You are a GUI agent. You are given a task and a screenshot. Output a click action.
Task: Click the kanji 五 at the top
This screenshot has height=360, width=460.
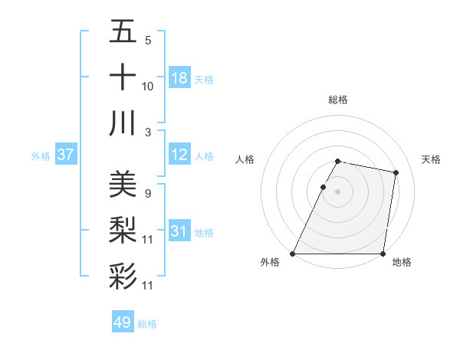[x=123, y=33]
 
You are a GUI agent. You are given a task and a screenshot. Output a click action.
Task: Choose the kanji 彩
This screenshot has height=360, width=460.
[x=123, y=275]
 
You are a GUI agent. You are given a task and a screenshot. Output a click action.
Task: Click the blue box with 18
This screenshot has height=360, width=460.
[x=179, y=78]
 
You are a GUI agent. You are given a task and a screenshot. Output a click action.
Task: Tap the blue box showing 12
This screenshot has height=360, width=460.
[x=179, y=155]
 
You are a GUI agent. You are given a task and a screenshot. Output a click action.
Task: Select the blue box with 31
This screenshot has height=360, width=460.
[x=179, y=231]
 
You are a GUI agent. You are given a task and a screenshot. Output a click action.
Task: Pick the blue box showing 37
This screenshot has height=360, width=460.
[x=66, y=155]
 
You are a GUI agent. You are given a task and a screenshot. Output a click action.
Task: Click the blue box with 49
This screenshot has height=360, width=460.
[x=123, y=322]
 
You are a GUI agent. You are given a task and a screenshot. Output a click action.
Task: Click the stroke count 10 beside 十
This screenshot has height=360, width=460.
[x=148, y=86]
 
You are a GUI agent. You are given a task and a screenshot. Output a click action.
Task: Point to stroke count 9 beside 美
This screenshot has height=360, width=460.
[x=147, y=193]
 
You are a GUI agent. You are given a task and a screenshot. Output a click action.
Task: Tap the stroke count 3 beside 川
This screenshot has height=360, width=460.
[x=147, y=132]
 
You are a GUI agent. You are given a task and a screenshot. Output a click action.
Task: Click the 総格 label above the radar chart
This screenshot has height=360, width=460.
[x=338, y=100]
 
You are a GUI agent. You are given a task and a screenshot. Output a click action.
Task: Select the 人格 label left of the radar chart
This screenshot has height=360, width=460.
[x=245, y=159]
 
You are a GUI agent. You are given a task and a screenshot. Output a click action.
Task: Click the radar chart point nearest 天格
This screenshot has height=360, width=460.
[x=396, y=173]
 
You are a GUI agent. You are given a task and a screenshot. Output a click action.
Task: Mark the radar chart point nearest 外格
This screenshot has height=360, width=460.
[x=293, y=254]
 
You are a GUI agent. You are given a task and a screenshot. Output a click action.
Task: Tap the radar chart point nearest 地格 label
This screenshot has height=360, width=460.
[x=383, y=254]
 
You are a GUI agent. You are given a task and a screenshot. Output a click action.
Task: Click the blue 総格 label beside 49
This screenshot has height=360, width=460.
[x=147, y=324]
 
